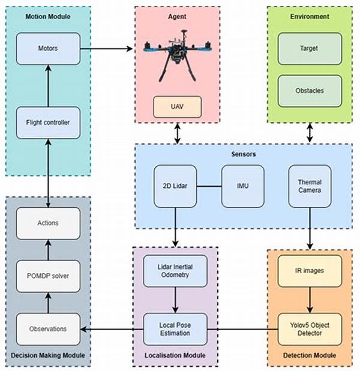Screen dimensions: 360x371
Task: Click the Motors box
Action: point(48,49)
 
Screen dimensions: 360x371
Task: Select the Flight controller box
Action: point(48,122)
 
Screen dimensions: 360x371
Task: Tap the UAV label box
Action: point(178,107)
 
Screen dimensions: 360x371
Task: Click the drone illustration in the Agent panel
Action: point(178,56)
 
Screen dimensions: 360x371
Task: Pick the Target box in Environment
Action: point(310,49)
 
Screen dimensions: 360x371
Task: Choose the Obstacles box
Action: point(310,91)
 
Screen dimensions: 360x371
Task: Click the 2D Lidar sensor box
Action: point(175,186)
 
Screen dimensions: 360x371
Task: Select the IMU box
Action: point(242,186)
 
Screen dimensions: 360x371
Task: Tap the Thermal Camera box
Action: point(310,186)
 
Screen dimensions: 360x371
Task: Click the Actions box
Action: point(48,223)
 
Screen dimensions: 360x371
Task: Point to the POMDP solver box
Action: point(48,276)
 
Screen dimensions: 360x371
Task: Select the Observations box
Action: point(48,329)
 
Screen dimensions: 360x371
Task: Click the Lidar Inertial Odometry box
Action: point(175,271)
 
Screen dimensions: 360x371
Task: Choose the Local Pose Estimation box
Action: point(175,329)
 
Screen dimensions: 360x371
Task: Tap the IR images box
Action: point(310,271)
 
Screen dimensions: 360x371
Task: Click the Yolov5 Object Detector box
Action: point(310,329)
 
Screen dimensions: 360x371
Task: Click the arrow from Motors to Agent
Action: point(106,49)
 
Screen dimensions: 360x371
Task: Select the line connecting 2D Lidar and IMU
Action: point(209,186)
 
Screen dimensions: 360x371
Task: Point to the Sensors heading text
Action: point(244,154)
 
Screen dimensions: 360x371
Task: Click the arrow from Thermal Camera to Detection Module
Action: point(310,229)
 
